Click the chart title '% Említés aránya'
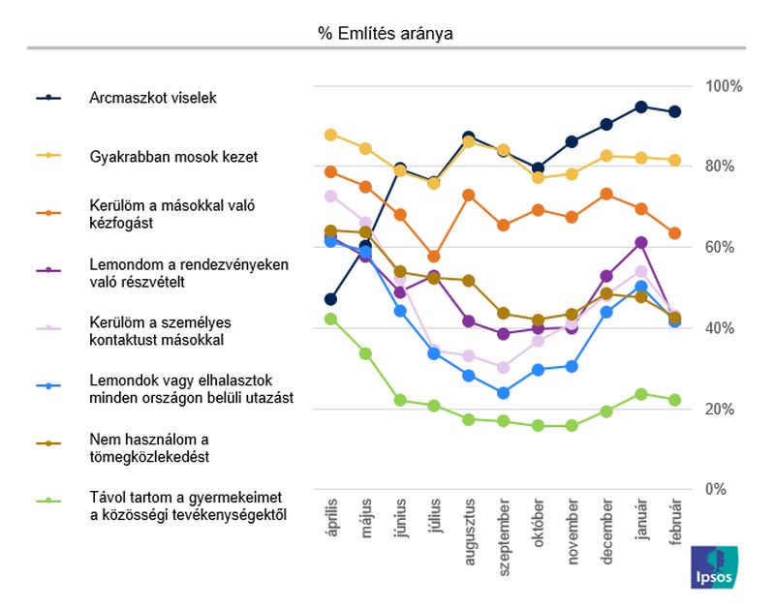[x=386, y=34]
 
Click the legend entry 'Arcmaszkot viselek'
[x=152, y=98]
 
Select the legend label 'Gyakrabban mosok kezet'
[x=173, y=156]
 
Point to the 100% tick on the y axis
[x=723, y=86]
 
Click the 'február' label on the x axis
[x=675, y=525]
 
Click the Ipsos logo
[x=713, y=566]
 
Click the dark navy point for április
[x=330, y=299]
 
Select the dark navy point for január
[x=641, y=107]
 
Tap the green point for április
[x=330, y=319]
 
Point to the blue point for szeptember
[x=503, y=393]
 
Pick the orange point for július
[x=434, y=257]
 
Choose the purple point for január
[x=641, y=242]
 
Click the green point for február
[x=675, y=400]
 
